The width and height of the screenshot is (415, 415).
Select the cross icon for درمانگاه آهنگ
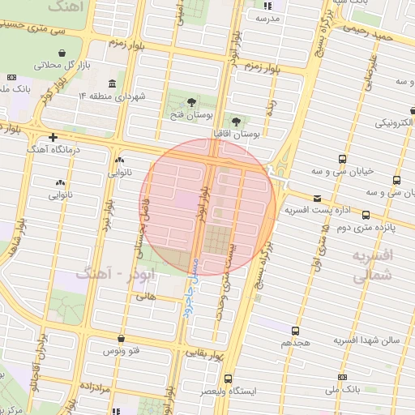pyautogui.click(x=53, y=137)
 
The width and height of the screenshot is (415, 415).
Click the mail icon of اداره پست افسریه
pyautogui.click(x=316, y=198)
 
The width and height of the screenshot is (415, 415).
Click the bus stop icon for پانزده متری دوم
pyautogui.click(x=366, y=215)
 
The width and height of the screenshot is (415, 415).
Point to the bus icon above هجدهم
pyautogui.click(x=295, y=331)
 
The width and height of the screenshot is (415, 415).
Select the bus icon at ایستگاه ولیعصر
pyautogui.click(x=229, y=379)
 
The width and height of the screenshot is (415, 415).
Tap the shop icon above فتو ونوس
pyautogui.click(x=121, y=339)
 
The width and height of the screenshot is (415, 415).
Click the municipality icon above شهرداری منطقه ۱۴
pyautogui.click(x=111, y=83)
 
